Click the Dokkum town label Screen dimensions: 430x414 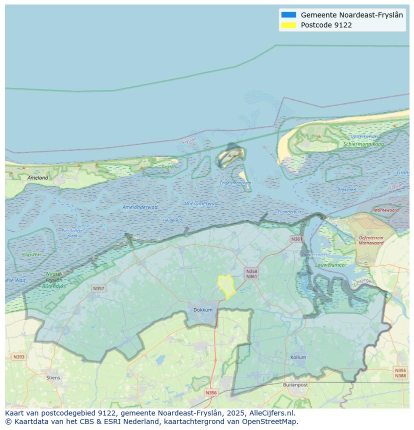203,310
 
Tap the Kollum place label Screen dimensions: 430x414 298,358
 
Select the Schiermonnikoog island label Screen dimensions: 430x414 363,144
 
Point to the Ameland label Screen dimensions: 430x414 38,177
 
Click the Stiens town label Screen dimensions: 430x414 53,378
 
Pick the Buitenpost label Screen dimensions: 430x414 295,385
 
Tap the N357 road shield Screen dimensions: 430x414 98,289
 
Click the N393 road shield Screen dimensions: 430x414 18,357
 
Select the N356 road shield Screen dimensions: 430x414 211,393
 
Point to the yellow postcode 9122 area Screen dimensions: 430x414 226,286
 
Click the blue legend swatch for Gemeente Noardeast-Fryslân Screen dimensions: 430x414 288,15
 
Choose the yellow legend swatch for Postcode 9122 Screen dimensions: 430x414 288,25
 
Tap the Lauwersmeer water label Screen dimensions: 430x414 330,265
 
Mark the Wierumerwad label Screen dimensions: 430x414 201,203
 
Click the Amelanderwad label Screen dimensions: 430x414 140,207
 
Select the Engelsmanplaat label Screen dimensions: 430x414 235,183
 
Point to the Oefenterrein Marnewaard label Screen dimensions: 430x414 371,240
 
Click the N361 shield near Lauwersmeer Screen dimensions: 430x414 296,239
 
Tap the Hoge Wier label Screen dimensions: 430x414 31,254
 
